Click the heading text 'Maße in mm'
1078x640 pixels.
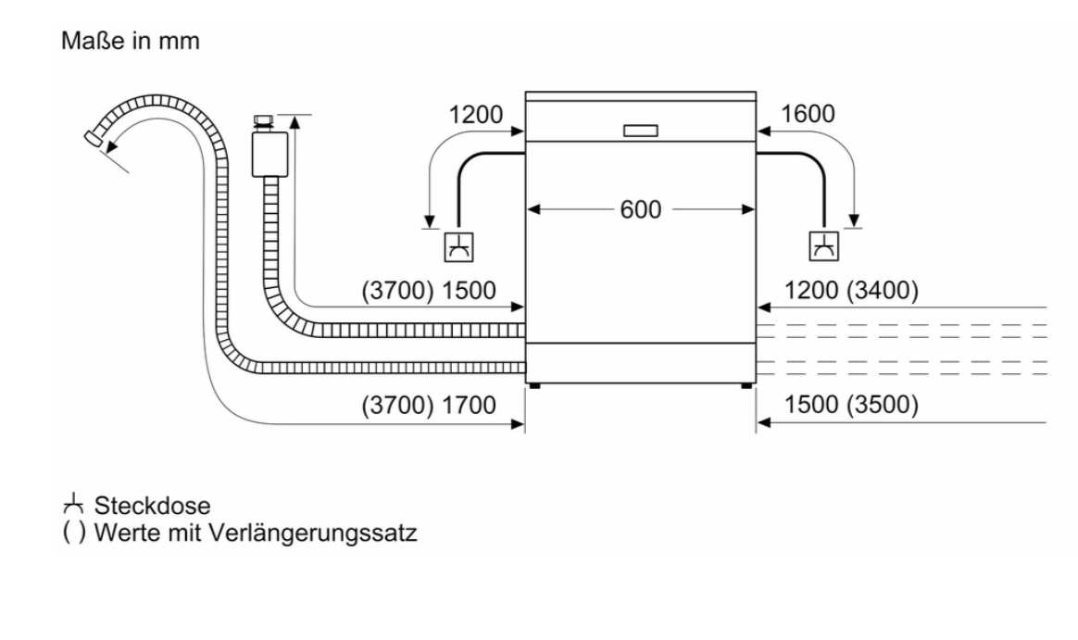point(130,43)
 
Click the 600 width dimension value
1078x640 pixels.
point(642,210)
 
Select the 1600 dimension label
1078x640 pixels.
point(808,115)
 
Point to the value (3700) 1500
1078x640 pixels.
point(428,291)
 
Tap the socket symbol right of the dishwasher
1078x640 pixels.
point(823,246)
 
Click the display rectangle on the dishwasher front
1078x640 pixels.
point(642,131)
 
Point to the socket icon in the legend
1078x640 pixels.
point(72,505)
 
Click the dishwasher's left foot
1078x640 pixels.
point(534,383)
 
